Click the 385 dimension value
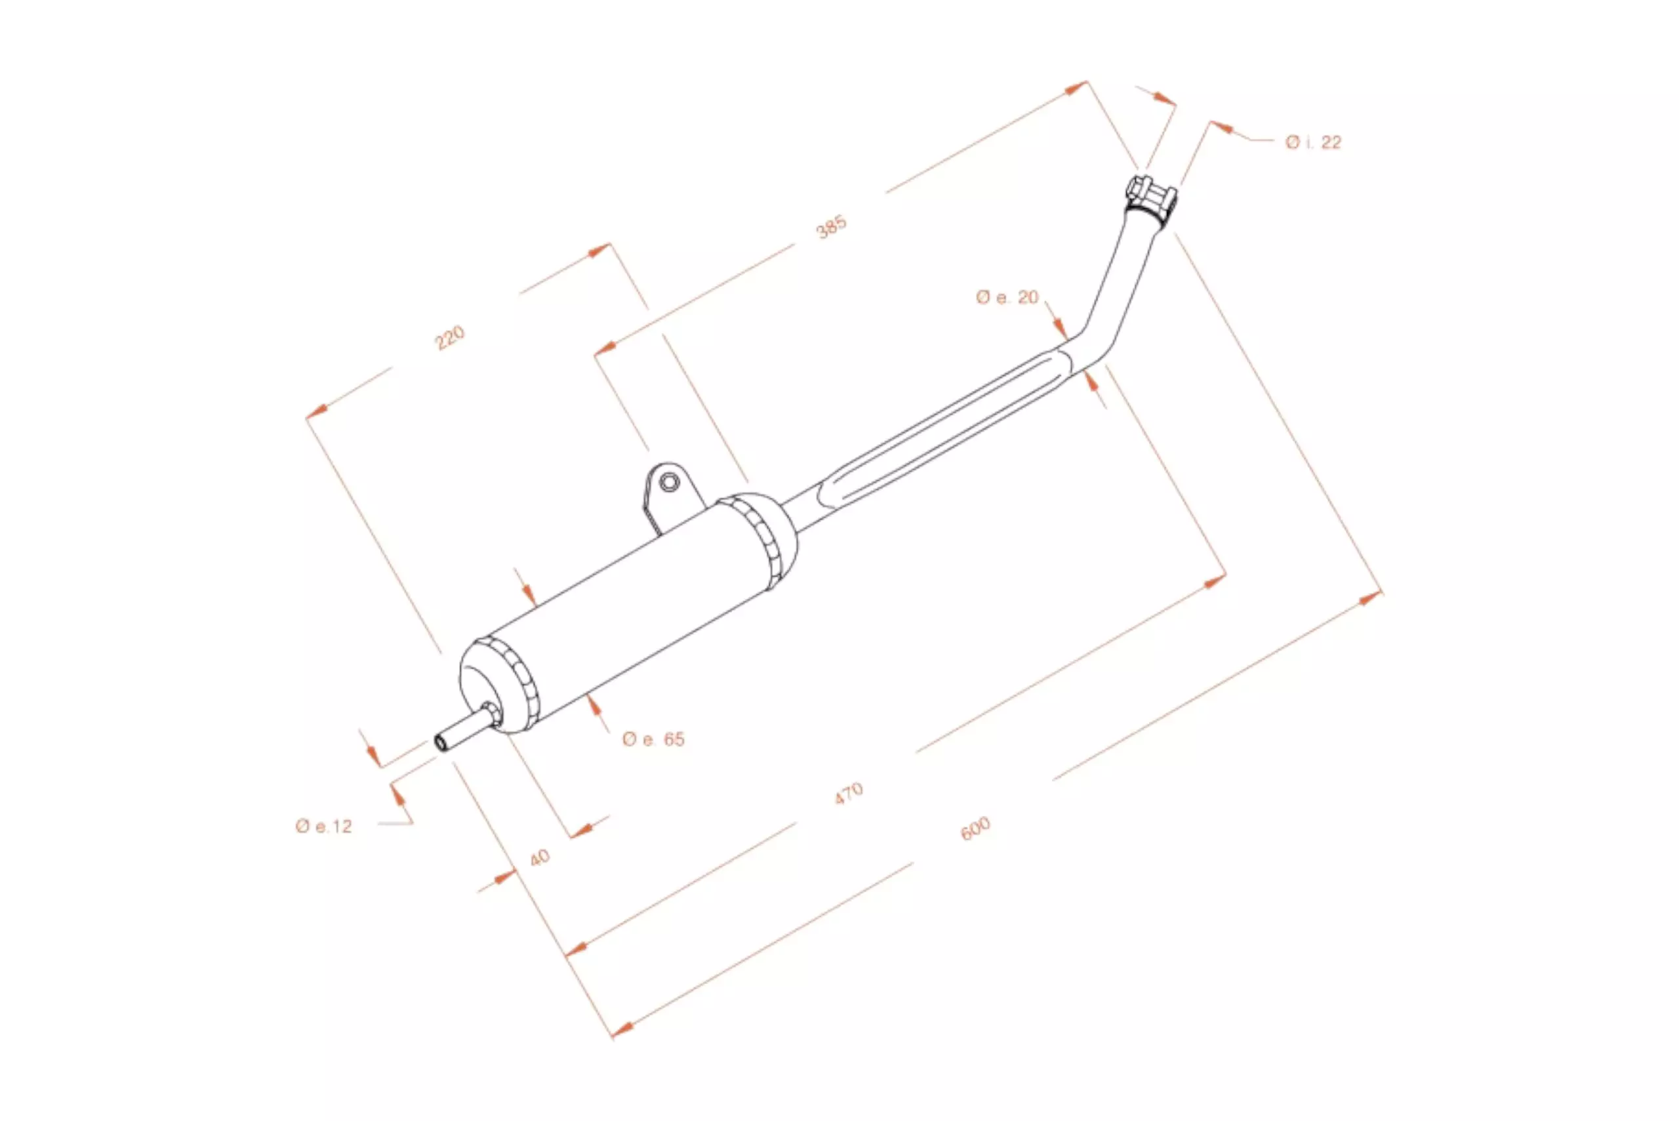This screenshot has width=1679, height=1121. coord(831,227)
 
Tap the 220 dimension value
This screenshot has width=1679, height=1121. coord(451,337)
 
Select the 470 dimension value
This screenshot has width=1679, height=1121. coord(849,794)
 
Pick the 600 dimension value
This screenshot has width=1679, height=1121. coord(975,828)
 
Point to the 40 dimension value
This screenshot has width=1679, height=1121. coord(540,857)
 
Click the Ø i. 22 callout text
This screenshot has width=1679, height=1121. coord(1313,142)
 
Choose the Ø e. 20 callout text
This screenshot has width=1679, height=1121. coord(1007,296)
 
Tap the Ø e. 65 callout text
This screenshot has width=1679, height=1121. coord(653,739)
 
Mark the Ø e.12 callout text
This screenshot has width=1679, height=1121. coord(324,826)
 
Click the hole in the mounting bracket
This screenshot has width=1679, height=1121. coord(669,482)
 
